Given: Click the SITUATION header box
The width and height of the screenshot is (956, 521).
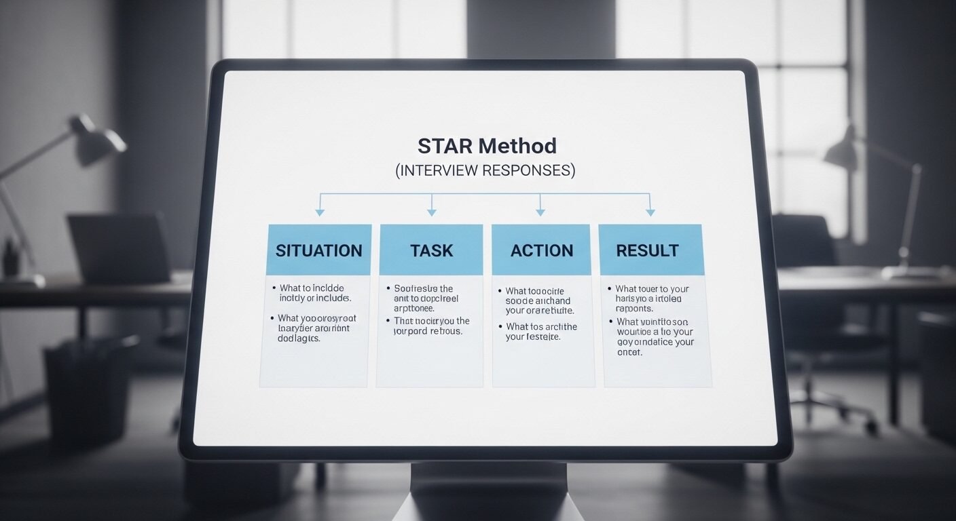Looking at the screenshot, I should pos(319,250).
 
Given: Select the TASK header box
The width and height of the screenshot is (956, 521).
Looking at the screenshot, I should pos(431,250).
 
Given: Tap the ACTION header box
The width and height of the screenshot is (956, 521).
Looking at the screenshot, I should pos(541,250).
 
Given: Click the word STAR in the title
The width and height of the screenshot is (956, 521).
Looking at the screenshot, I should pos(445,146).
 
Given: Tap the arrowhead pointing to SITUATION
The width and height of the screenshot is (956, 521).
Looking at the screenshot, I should pos(320,213).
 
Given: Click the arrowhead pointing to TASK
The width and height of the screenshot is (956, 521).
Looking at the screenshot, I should pos(431,213).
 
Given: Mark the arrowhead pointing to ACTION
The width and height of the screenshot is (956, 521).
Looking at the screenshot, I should pos(540,213).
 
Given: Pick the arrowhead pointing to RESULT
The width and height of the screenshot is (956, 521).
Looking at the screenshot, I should pos(650,213).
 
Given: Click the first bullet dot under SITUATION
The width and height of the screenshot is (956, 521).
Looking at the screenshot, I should pos(273,288).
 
